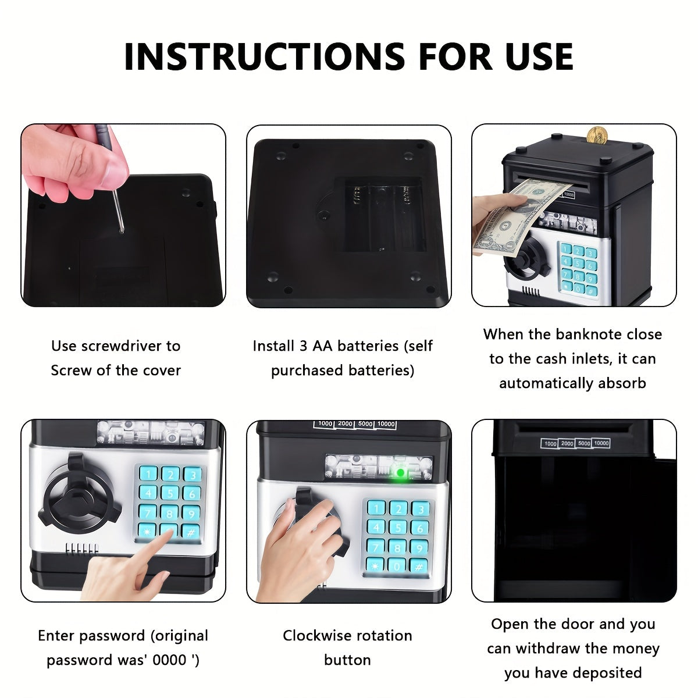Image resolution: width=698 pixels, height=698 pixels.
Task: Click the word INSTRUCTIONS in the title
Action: pos(265,56)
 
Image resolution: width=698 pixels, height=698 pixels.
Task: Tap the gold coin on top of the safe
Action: pos(597,135)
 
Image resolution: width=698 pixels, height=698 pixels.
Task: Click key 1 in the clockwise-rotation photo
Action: pos(376,509)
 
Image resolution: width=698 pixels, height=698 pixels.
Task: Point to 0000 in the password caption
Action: pos(172,660)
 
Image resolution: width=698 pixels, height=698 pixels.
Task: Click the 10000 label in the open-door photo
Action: pos(601,443)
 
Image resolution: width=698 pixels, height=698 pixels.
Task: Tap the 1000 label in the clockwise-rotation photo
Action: pos(325,424)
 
